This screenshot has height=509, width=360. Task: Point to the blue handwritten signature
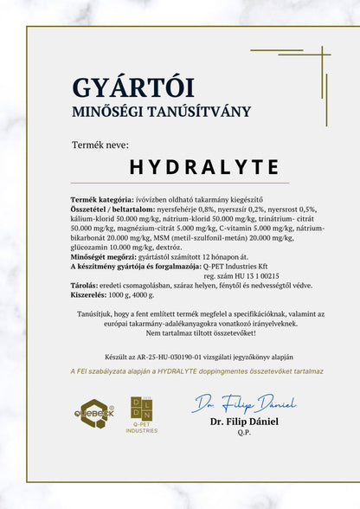(244, 403)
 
